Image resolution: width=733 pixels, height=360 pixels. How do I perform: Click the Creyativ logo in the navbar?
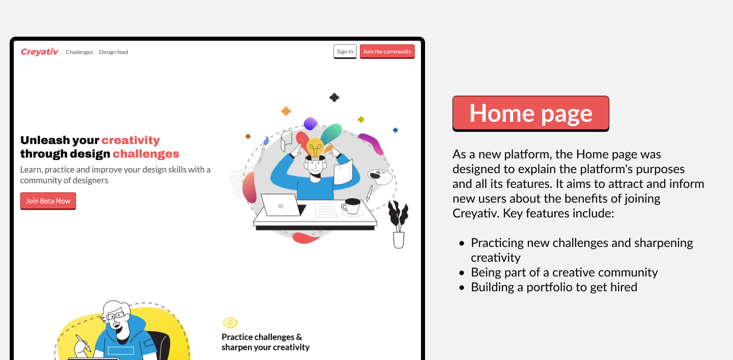point(40,52)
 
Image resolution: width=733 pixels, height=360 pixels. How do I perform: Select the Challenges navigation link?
point(79,52)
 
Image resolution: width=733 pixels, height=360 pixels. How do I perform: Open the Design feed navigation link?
point(114,52)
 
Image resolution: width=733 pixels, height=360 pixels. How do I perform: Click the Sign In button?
point(345,52)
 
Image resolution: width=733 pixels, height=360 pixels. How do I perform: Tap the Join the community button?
point(387,52)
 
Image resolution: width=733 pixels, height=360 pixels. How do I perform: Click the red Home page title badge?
point(531,114)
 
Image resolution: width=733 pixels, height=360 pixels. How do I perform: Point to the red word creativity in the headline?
point(130,141)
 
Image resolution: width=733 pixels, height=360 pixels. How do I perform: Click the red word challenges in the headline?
point(146,154)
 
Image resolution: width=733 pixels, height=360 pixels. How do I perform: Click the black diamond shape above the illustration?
point(334,98)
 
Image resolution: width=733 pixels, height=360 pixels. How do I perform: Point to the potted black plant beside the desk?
point(398,224)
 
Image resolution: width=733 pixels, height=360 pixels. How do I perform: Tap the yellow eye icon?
point(230,323)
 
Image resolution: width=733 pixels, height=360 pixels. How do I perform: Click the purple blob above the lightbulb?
point(310,123)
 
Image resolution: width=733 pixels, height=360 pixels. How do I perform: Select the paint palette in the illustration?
point(380,177)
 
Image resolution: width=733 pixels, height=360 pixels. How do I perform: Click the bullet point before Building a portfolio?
point(462,288)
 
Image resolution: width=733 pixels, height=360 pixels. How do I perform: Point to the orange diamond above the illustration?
point(286,112)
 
